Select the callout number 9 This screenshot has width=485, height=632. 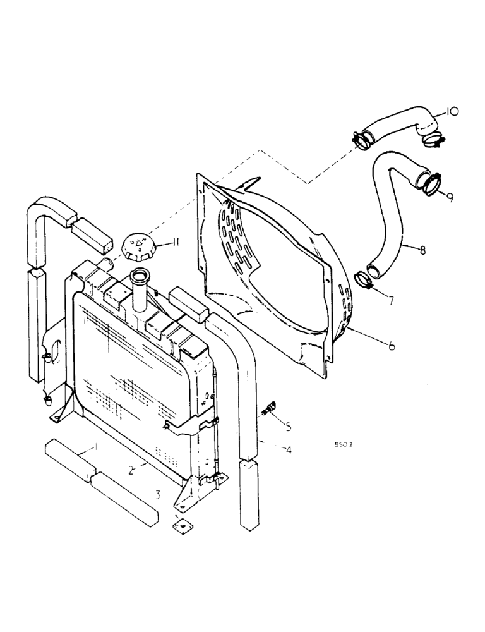click(x=448, y=197)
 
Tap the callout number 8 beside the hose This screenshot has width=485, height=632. click(x=422, y=250)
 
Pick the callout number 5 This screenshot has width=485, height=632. click(x=288, y=427)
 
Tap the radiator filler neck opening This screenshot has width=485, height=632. click(x=139, y=275)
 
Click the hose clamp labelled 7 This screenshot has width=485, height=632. click(x=365, y=279)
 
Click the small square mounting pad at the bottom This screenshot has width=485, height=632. click(x=182, y=523)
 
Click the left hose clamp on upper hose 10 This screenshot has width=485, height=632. click(x=360, y=138)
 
